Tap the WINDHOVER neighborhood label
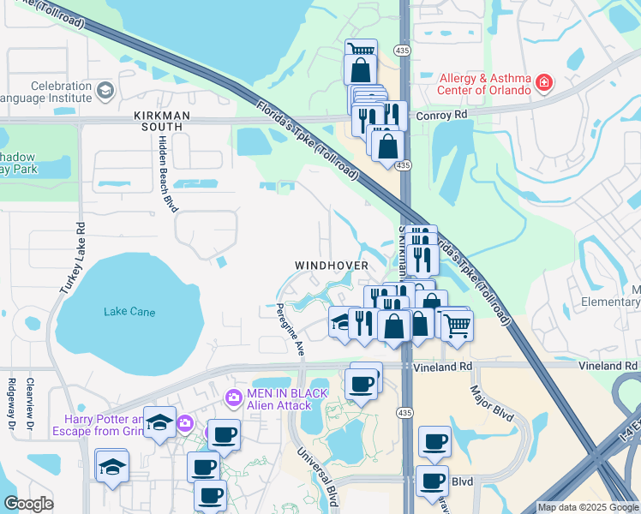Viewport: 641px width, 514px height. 332,266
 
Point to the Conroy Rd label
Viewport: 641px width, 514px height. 446,114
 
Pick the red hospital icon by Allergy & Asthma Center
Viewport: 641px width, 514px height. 542,83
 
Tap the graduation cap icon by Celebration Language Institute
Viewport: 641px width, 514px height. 105,90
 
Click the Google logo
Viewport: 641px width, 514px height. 28,504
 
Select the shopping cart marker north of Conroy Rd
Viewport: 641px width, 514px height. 360,51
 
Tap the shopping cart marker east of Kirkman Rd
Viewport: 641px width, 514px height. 458,324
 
